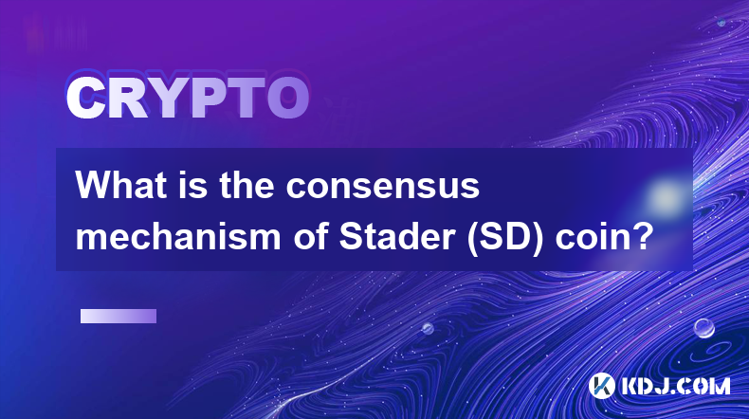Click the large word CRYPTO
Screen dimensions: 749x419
click(188, 99)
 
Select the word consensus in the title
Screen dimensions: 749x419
click(383, 187)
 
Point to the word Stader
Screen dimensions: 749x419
click(397, 236)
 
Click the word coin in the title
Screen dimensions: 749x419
click(590, 236)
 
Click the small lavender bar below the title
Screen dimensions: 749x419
click(119, 317)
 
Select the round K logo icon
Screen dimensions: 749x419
click(601, 386)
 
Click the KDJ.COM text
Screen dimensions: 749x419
click(675, 386)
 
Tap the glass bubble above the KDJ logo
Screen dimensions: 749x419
click(704, 328)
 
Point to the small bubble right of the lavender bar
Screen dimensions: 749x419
click(428, 328)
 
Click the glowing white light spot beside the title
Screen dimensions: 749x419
click(665, 197)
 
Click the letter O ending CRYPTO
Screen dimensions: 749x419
click(287, 99)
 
